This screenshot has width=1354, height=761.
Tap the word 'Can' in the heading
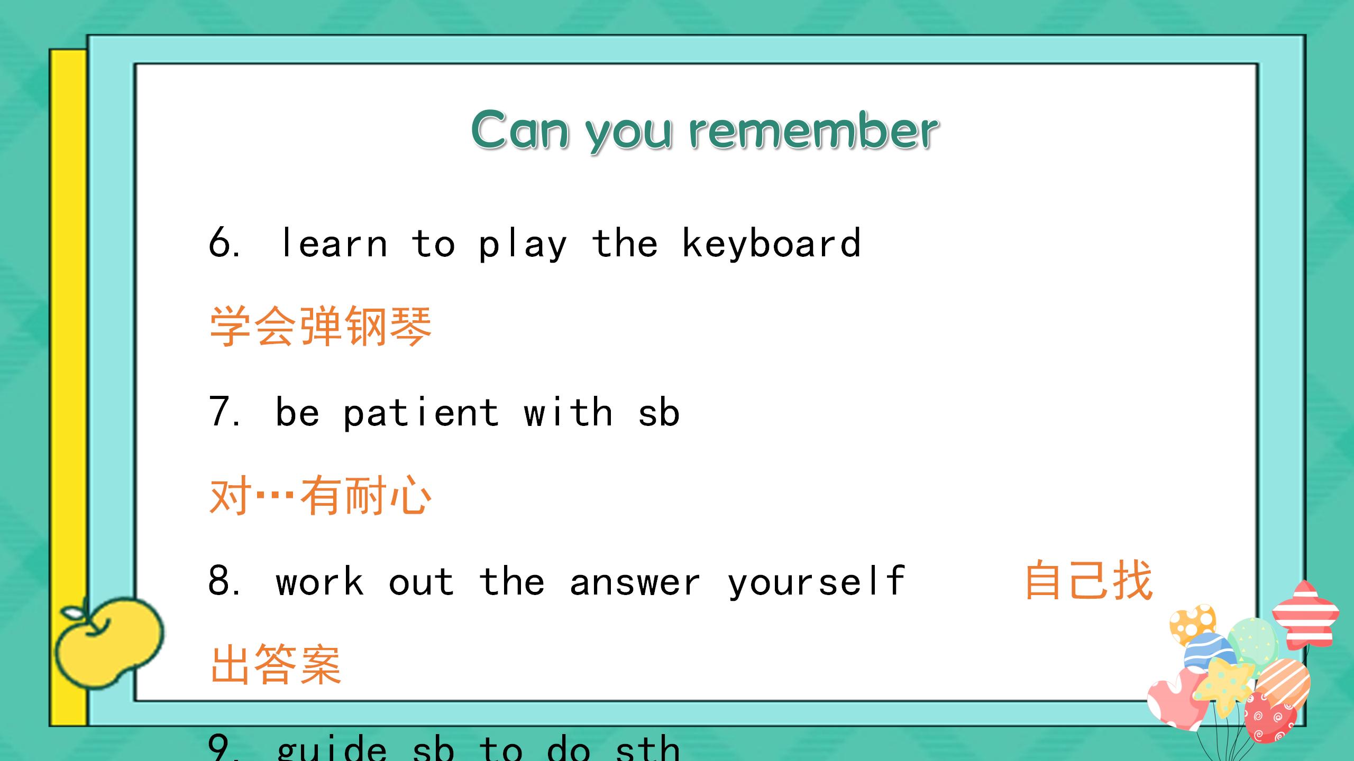tap(520, 130)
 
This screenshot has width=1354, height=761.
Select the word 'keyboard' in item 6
tap(771, 244)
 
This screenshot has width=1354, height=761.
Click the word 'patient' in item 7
tap(421, 413)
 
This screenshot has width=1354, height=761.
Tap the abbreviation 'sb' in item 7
tap(658, 413)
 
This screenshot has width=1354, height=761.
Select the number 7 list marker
tap(221, 412)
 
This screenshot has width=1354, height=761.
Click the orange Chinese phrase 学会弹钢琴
tap(321, 327)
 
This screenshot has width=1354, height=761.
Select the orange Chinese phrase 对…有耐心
tap(321, 496)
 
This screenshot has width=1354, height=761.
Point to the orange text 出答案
tap(276, 665)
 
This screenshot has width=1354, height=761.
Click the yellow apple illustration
tap(108, 642)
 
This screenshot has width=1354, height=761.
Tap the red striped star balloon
tap(1305, 616)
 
